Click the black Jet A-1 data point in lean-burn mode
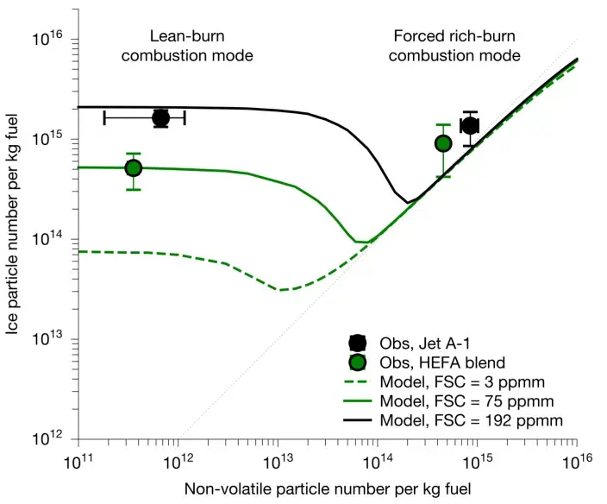[160, 118]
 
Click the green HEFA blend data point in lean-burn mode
[133, 168]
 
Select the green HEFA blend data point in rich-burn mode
[443, 143]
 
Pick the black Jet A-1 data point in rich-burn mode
[470, 125]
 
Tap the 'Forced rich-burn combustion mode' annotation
[457, 46]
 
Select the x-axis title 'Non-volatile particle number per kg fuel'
[327, 488]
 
